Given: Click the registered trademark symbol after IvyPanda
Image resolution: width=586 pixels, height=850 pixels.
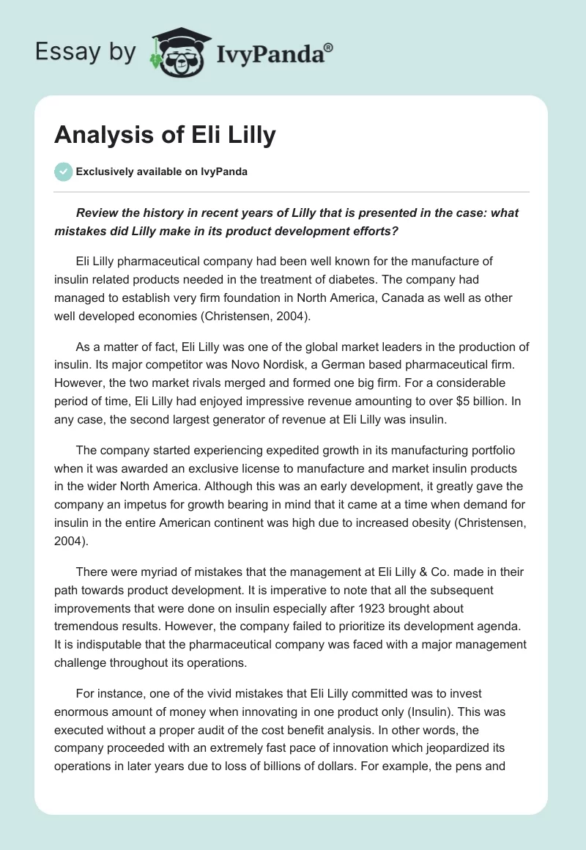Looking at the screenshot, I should pos(328,47).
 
